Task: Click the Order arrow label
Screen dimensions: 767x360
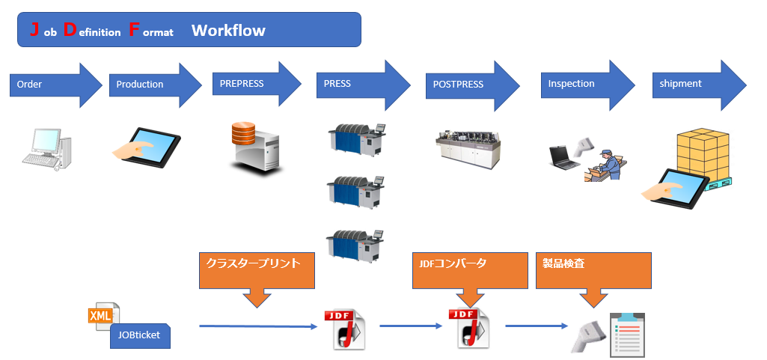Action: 29,84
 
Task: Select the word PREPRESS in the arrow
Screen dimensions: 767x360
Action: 242,84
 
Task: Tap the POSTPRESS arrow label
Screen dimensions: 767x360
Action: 458,84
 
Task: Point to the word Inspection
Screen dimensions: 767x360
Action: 571,84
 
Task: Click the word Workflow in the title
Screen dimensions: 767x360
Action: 228,31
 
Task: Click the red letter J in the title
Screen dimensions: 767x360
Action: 34,29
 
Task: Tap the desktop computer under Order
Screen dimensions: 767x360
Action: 47,149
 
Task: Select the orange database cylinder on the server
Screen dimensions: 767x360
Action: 244,133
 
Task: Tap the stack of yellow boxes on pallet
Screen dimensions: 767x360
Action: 703,156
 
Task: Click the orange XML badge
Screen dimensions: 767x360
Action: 100,316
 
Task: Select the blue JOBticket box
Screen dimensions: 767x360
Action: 140,335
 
